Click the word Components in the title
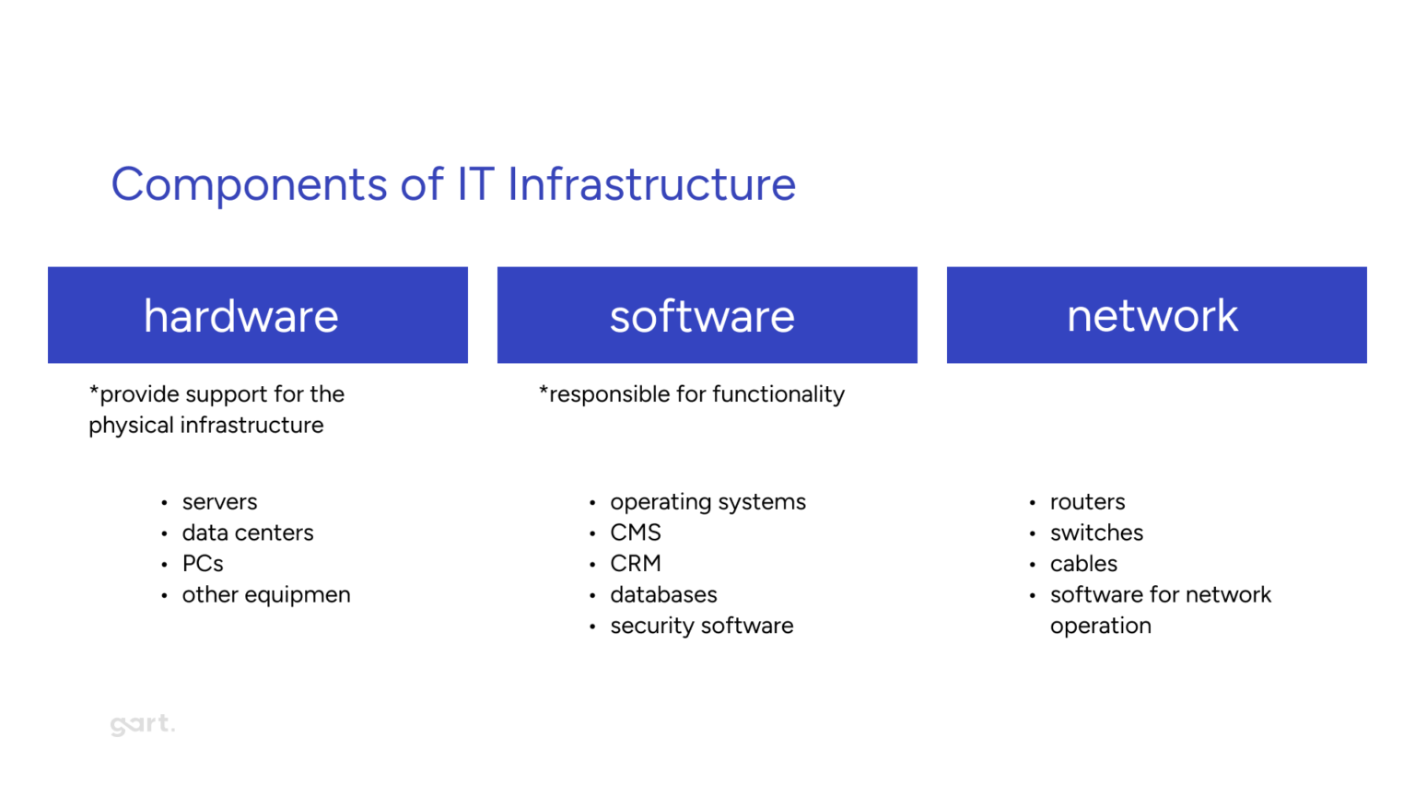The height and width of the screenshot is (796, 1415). pos(249,185)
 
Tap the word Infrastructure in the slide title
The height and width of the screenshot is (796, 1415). pos(651,184)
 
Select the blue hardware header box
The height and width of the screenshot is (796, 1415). pos(258,315)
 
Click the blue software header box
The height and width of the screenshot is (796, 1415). pos(707,315)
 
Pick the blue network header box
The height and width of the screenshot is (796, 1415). pos(1156,315)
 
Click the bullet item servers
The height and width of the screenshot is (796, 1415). pos(219,502)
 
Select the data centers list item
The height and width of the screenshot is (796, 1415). pos(247,533)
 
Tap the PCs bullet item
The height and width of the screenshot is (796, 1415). pos(203,564)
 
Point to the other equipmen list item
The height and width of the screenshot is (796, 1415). pos(265,595)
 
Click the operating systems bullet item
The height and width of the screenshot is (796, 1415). pos(707,502)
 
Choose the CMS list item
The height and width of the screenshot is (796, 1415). pos(635,533)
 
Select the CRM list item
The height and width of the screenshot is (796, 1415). pos(635,564)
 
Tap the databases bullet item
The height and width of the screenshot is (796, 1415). pos(663,595)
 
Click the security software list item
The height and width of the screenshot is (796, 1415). pos(701,626)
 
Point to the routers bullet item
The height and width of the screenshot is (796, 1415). pos(1087,502)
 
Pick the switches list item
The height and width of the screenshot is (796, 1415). pos(1096,533)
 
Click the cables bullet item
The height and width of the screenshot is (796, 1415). pos(1083,564)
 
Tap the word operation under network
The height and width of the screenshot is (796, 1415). pos(1100,626)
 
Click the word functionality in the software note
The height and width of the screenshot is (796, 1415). pos(778,394)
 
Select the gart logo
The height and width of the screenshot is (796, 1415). pos(142,724)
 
